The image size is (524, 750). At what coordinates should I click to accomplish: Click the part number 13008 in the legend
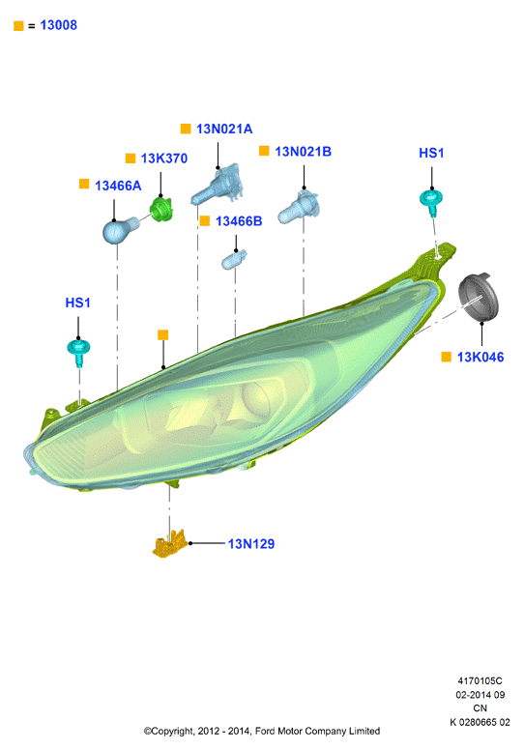58,25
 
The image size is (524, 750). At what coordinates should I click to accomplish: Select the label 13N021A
224,129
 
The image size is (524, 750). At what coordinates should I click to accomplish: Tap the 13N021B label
303,152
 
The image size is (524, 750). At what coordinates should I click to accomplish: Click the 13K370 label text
164,159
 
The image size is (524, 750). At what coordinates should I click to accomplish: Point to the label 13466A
118,186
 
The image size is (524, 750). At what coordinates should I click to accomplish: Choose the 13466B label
239,221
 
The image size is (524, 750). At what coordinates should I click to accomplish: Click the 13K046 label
480,358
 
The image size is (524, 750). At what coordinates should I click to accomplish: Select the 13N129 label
250,544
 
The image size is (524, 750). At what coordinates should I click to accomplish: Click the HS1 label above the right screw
431,153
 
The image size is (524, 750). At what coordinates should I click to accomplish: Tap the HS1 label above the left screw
77,303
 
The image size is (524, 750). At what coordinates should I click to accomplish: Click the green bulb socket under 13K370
160,209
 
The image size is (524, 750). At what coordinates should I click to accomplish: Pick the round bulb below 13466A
120,230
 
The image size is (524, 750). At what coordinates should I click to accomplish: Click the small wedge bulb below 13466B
234,260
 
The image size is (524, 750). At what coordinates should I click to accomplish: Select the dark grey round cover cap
478,298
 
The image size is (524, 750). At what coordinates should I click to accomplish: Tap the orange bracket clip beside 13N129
169,544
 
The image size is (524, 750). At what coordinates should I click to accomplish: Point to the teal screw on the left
78,352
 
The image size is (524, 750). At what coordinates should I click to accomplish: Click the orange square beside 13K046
446,357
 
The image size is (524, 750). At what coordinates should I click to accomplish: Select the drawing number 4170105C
480,680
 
